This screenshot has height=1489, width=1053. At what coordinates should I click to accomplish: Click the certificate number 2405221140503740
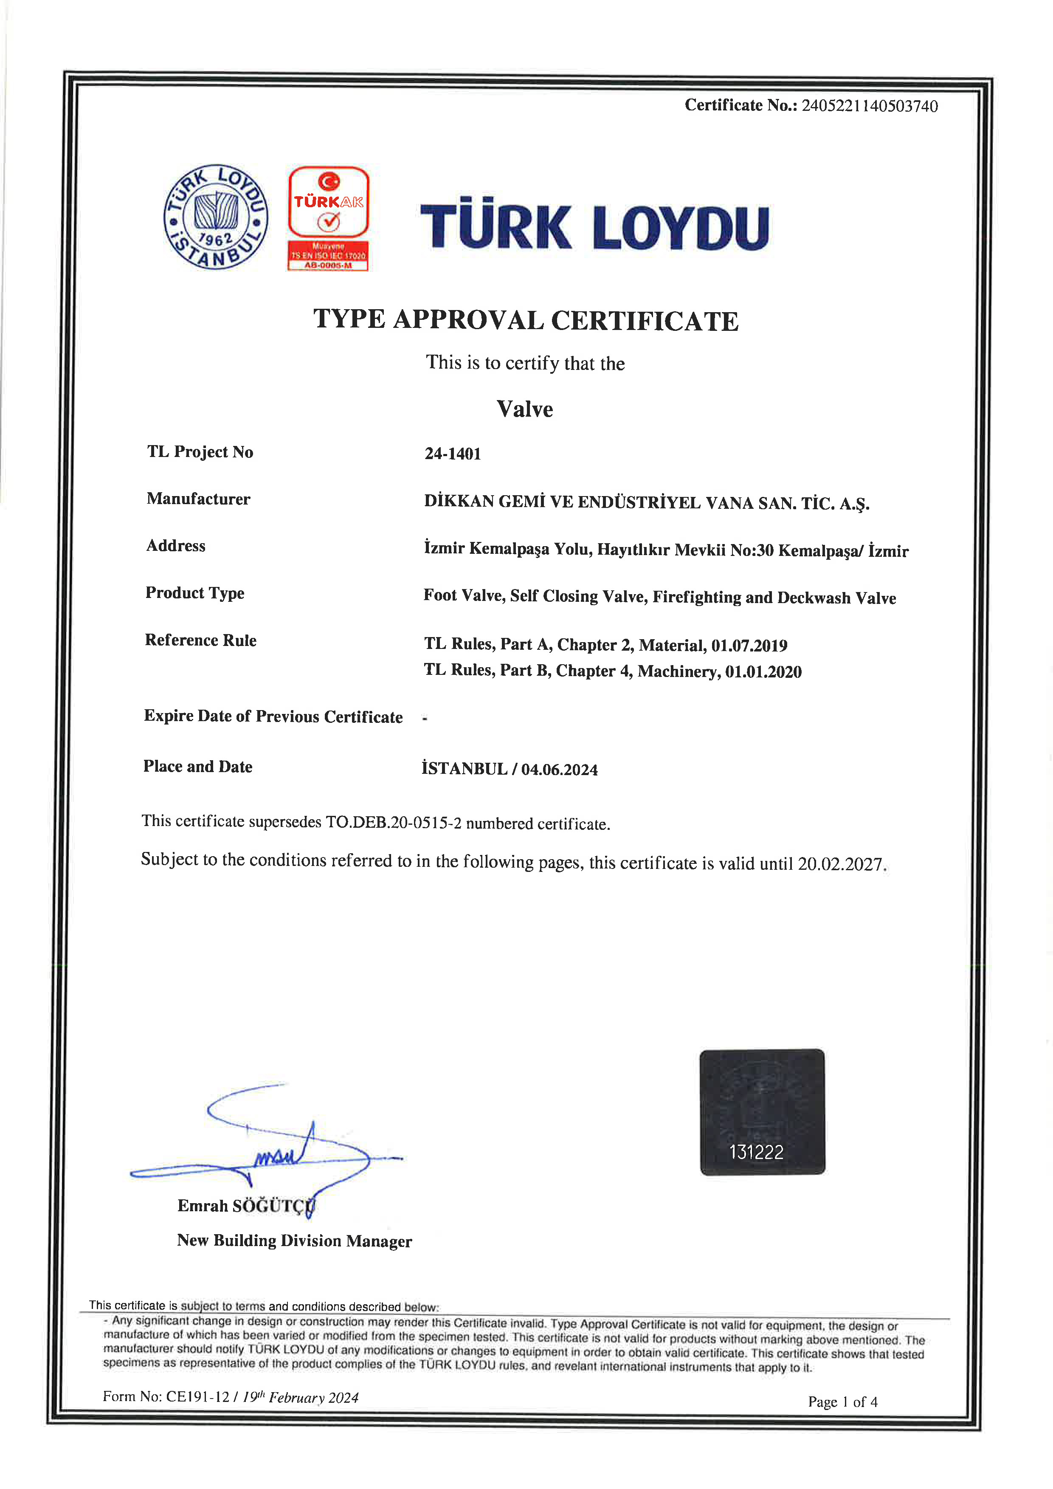pos(869,106)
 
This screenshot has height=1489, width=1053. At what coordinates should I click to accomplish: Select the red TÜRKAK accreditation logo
pos(328,218)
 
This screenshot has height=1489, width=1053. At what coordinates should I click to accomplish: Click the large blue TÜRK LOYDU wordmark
pos(594,226)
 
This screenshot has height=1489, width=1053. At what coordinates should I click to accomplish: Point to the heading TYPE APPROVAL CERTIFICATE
pos(526,320)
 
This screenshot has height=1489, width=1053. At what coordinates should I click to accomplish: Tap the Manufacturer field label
pos(198,499)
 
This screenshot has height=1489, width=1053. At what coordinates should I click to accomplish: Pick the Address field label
pos(176,546)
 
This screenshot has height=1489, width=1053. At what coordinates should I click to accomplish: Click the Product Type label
pos(194,593)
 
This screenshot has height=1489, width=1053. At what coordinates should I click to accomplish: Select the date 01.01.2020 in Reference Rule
pos(763,672)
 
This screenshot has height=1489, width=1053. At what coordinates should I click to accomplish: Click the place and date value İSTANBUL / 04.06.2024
pos(510,769)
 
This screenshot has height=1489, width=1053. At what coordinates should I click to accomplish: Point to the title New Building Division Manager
pos(294,1241)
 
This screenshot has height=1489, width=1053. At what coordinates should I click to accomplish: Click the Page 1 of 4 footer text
pos(842,1402)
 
